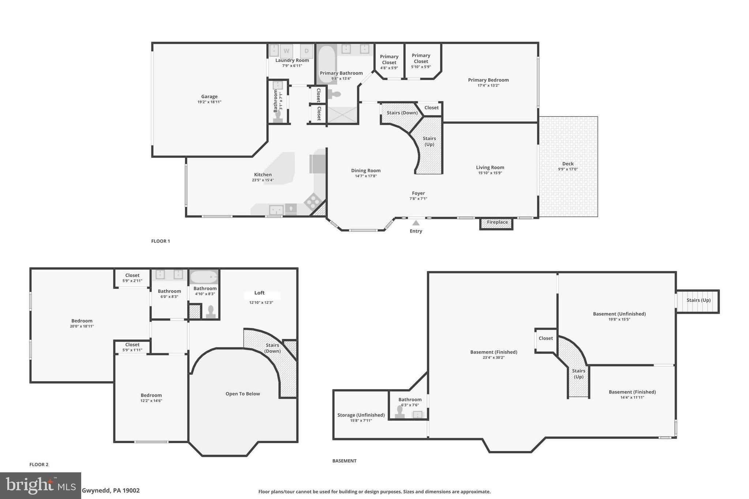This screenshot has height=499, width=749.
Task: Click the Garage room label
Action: coord(209,97)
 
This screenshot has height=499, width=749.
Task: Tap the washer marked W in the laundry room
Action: coord(286,51)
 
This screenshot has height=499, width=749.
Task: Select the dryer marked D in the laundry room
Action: coord(306,51)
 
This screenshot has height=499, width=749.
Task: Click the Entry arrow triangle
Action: coord(416,223)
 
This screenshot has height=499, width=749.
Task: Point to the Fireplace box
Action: coord(497,222)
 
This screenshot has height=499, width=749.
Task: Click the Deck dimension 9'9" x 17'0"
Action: coord(568,169)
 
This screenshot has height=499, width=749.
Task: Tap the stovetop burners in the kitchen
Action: coord(313,201)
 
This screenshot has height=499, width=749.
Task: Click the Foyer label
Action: coord(418,193)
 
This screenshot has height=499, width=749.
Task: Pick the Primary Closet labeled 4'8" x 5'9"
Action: coord(389,62)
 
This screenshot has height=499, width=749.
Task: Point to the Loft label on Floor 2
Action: coord(259,293)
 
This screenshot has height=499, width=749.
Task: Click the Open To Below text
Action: coord(242,394)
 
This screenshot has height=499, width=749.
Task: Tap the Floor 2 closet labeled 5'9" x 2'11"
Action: coord(132,278)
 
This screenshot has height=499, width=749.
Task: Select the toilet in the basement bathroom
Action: coord(400,412)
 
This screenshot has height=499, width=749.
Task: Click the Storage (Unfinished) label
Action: coord(361,415)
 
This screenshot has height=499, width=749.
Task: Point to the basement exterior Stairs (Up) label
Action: coord(698,300)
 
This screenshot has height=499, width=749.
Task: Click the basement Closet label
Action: coord(545,338)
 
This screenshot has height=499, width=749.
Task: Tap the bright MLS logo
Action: coord(40,485)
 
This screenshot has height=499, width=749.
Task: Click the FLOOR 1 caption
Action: coord(161,241)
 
